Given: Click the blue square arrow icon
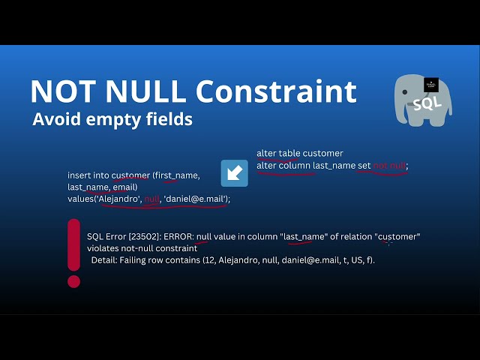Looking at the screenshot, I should pos(234,172).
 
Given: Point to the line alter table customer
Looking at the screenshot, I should pos(299,153).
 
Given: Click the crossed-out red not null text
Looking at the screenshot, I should pos(389,166).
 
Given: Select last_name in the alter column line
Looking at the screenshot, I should pos(333,166).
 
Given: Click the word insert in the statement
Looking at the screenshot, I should pos(79,175).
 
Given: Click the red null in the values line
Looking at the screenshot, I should pos(151,199).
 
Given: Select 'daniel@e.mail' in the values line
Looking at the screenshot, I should pos(196,199).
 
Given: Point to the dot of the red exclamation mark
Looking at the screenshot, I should pos(73,281).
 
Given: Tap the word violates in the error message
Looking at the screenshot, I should pos(103,248).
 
